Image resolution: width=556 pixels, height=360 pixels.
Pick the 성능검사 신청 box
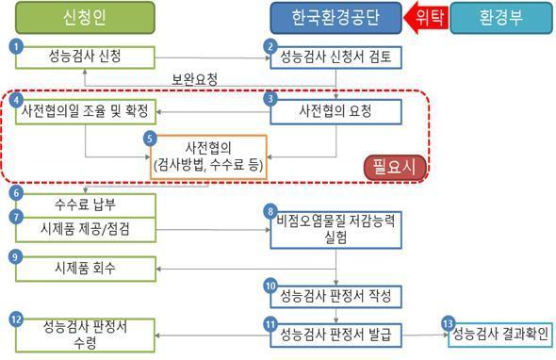pos(85,57)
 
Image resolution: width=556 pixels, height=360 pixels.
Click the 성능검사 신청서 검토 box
pos(337,57)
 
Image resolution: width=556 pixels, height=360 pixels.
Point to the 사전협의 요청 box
pos(337,112)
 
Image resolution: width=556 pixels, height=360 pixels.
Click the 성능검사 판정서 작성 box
pos(337,294)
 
